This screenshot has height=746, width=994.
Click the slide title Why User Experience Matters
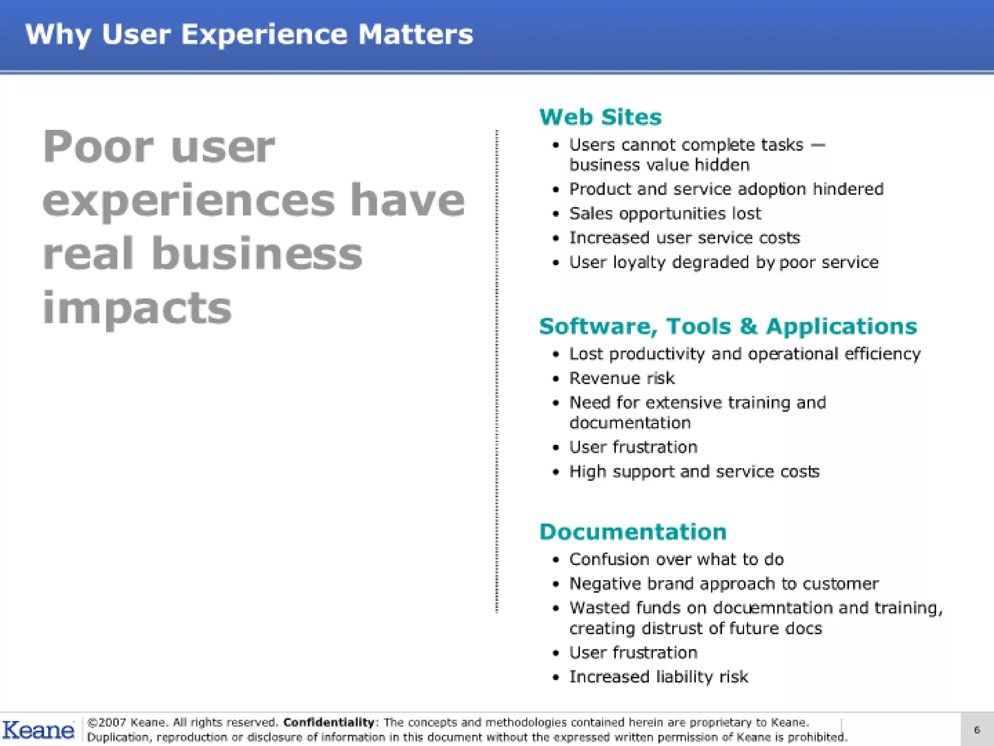[x=249, y=35]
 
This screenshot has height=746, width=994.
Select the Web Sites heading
[x=600, y=118]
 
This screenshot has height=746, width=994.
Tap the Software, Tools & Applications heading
[x=728, y=326]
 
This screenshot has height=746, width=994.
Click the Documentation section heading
[x=633, y=532]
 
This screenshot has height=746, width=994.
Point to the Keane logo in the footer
[x=38, y=730]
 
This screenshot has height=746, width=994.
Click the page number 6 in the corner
[x=977, y=729]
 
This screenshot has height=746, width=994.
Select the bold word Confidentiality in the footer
[x=329, y=723]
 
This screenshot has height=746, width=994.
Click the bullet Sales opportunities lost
[x=665, y=214]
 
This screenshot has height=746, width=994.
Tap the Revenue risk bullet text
[x=622, y=378]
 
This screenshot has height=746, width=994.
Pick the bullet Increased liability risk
[x=659, y=677]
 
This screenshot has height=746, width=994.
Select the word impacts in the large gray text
[x=137, y=309]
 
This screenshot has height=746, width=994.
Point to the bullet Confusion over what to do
[x=676, y=559]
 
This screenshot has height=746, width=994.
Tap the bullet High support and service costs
[x=694, y=472]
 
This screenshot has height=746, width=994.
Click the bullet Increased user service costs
[x=684, y=238]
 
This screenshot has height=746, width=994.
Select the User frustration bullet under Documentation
[x=633, y=653]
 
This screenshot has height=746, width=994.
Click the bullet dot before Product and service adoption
[x=556, y=189]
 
